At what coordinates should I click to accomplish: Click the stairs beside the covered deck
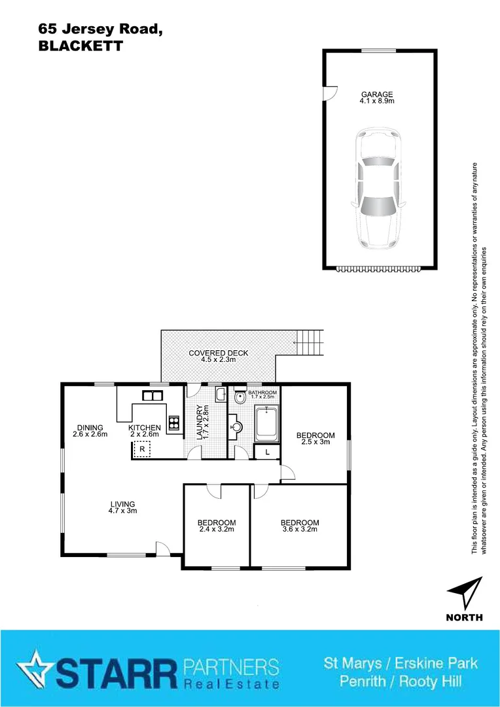(310, 341)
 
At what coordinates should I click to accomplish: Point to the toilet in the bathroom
(240, 396)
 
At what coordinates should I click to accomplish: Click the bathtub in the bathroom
(267, 424)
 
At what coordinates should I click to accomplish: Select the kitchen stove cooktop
(174, 423)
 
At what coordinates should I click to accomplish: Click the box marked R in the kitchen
(141, 449)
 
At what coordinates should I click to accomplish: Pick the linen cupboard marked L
(267, 452)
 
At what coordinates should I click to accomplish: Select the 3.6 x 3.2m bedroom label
(300, 526)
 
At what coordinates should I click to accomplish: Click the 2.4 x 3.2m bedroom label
(217, 526)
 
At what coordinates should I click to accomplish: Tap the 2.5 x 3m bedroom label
(315, 439)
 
